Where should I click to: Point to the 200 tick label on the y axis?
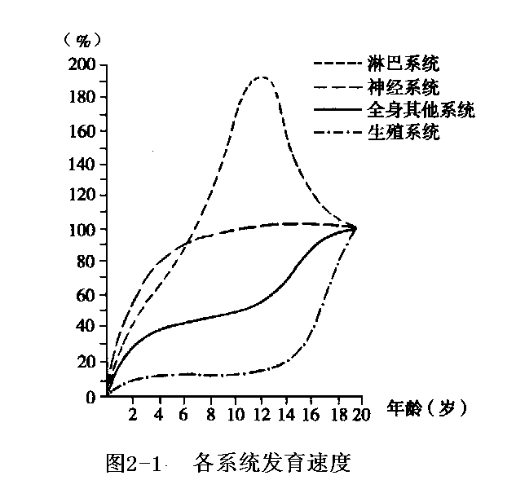click(x=85, y=65)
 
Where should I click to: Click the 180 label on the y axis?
click(x=85, y=98)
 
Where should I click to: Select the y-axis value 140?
click(x=85, y=164)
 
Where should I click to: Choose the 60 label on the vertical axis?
click(x=89, y=296)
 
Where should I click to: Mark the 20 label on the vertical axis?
click(x=89, y=362)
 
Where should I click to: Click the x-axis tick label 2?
click(x=133, y=415)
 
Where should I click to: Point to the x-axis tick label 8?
click(x=211, y=415)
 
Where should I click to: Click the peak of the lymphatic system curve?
click(x=261, y=77)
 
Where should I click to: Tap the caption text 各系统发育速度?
click(x=272, y=465)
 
